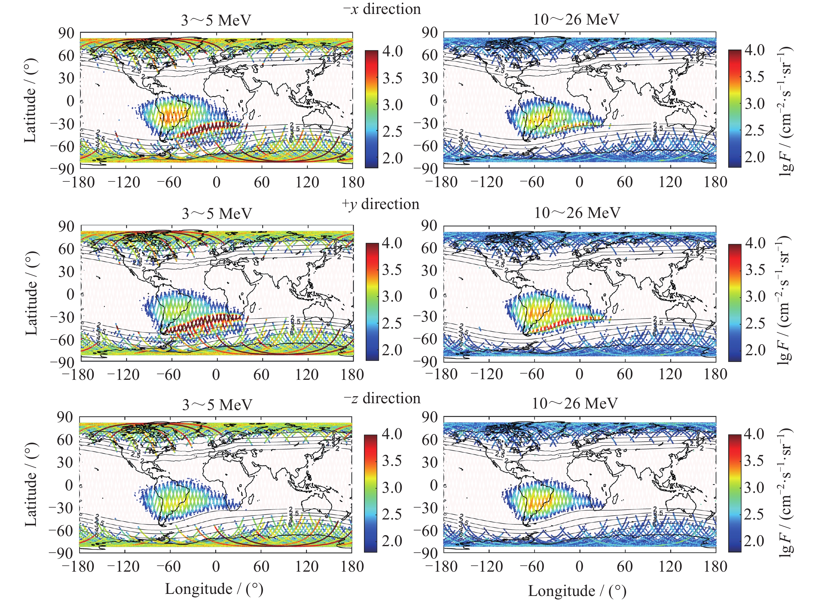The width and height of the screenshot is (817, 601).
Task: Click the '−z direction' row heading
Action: tap(382, 398)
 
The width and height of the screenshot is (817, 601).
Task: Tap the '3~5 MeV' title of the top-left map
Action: tap(216, 20)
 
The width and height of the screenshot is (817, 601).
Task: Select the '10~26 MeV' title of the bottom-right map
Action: tap(575, 403)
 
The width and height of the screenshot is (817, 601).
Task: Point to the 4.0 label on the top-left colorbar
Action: tap(392, 51)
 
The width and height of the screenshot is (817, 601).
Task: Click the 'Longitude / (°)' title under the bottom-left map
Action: tap(214, 589)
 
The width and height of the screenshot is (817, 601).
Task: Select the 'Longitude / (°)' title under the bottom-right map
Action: tap(577, 591)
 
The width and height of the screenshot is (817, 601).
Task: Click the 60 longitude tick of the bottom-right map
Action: tap(625, 566)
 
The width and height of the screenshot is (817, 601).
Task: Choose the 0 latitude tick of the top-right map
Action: tap(434, 101)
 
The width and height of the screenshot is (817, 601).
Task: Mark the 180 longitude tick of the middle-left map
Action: tap(352, 374)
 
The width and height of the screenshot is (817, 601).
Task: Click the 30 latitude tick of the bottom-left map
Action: tap(66, 463)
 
